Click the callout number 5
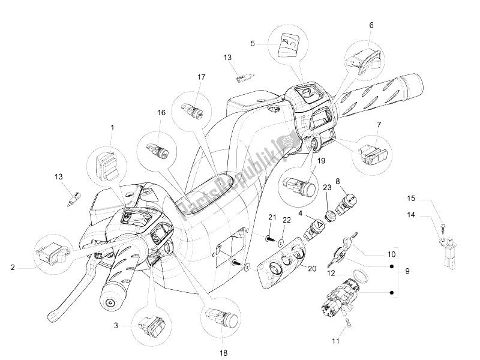(253, 44)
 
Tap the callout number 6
(371, 25)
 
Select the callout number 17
(201, 77)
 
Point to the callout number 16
(161, 113)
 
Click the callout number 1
(112, 127)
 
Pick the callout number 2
(13, 268)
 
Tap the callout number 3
(116, 326)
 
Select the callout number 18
(224, 353)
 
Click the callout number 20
(312, 269)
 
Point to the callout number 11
(336, 341)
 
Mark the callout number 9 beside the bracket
(407, 271)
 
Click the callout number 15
(411, 199)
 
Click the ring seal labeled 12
(360, 275)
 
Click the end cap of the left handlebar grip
(109, 303)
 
